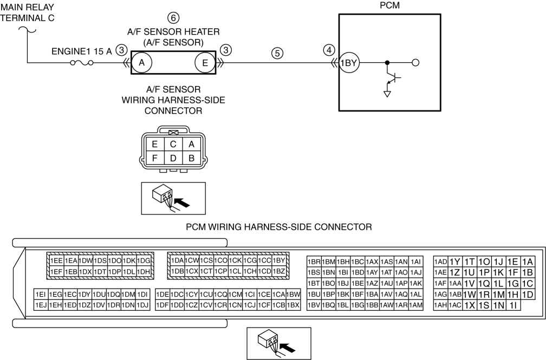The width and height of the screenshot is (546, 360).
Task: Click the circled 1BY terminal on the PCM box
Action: (x=349, y=63)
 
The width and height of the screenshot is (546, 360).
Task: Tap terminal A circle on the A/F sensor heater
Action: (x=142, y=63)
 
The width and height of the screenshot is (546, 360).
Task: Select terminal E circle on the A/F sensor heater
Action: (x=205, y=63)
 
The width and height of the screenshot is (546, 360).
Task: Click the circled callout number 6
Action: (x=173, y=18)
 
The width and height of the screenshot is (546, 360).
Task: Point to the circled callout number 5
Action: (x=277, y=53)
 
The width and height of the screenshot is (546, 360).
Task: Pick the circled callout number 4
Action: (x=329, y=50)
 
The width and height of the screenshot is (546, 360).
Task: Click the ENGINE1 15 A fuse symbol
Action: (x=82, y=63)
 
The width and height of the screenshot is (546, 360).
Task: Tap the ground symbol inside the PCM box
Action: (x=387, y=94)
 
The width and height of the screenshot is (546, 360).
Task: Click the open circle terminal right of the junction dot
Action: (x=415, y=63)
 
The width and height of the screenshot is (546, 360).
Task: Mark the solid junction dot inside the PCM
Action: (x=387, y=63)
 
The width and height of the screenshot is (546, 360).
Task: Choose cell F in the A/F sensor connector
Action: (x=155, y=158)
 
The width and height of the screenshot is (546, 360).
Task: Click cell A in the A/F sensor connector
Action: (x=191, y=144)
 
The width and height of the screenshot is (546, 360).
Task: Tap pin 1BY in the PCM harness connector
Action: (x=279, y=260)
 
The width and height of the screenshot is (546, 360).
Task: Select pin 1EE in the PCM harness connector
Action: (x=56, y=260)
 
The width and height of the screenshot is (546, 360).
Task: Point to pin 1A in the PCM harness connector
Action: (x=528, y=262)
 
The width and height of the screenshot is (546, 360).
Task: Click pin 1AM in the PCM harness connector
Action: (x=416, y=305)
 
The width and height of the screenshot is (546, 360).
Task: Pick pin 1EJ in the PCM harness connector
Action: (x=41, y=305)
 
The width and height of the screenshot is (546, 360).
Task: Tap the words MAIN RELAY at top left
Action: (x=28, y=7)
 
